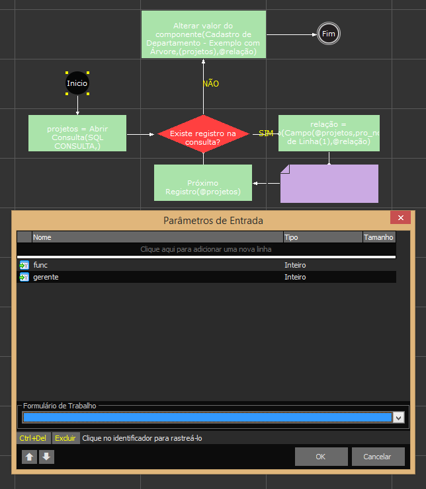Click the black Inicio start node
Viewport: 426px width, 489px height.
pos(77,83)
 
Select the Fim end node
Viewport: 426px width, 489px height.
pos(328,34)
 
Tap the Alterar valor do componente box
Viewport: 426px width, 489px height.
pos(203,34)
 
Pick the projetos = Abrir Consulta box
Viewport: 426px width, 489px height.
pos(77,133)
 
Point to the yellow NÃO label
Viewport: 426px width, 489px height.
pos(210,84)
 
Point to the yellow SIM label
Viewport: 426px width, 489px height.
pos(266,133)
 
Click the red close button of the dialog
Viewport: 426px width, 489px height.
pos(400,219)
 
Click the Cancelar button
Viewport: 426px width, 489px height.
pos(378,457)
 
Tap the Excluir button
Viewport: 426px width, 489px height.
pos(65,438)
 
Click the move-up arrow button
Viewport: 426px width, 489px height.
pos(30,457)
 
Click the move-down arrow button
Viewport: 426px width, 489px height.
pos(46,457)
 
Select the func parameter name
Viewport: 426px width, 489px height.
pos(40,265)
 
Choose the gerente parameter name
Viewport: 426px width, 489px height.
pos(46,277)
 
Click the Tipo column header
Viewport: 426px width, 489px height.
pos(291,237)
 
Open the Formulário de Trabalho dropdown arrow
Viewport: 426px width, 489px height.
pos(398,418)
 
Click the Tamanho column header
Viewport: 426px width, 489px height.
pos(378,237)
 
